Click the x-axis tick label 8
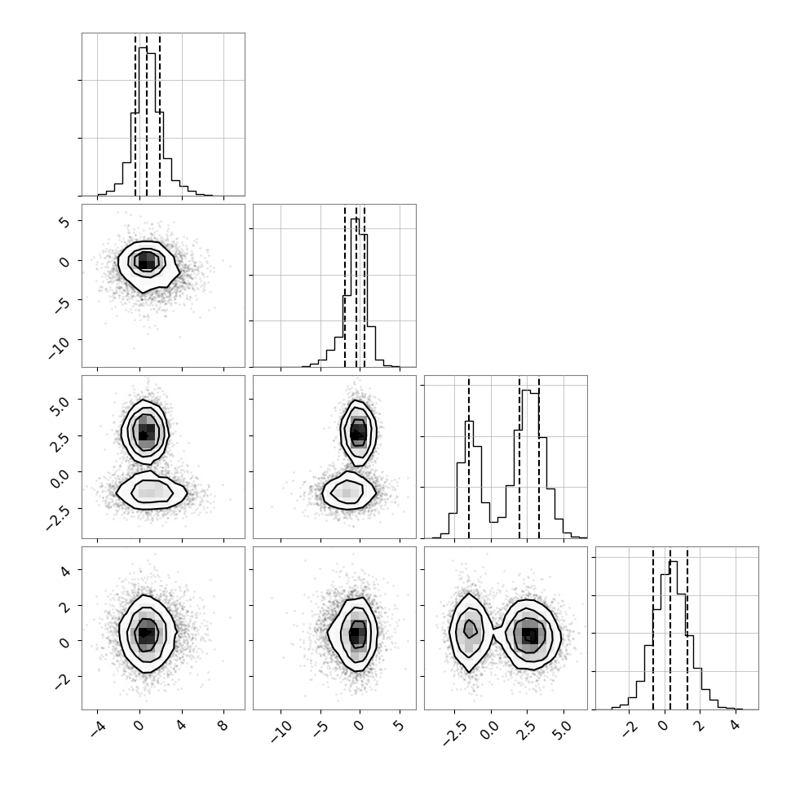pyautogui.click(x=223, y=726)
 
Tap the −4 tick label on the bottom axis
pyautogui.click(x=98, y=728)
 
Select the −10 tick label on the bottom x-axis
pyautogui.click(x=281, y=731)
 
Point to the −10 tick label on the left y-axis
pyautogui.click(x=59, y=347)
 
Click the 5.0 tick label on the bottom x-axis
pyautogui.click(x=563, y=730)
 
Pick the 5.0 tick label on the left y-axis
pyautogui.click(x=60, y=404)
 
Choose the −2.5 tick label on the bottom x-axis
pyautogui.click(x=455, y=733)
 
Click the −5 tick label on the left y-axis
pyautogui.click(x=62, y=304)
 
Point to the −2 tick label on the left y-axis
pyautogui.click(x=62, y=681)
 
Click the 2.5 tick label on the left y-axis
pyautogui.click(x=60, y=441)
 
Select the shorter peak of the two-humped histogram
pyautogui.click(x=469, y=422)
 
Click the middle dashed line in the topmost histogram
pyautogui.click(x=146, y=115)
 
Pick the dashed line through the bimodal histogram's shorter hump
pyautogui.click(x=469, y=458)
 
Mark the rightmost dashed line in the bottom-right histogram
pyautogui.click(x=687, y=629)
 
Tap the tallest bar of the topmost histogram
pyautogui.click(x=143, y=121)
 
